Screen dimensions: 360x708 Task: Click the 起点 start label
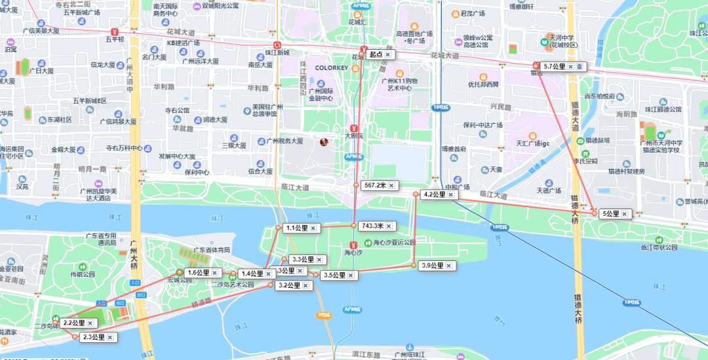[x=376, y=54]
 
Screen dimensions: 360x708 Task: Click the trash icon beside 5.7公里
[x=580, y=67]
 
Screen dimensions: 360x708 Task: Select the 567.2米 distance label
[x=375, y=186]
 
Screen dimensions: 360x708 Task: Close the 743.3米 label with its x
[x=389, y=226]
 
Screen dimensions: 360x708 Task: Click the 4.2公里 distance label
[x=434, y=195]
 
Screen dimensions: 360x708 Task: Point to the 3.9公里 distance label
[x=431, y=266]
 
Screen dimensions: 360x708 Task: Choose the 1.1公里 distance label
[x=296, y=228]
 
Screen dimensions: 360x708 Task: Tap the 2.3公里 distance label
[x=94, y=337]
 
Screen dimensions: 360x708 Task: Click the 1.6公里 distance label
[x=198, y=273]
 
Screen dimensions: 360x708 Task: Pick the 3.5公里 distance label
[x=335, y=275]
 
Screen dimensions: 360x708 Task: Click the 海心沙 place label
[x=353, y=252]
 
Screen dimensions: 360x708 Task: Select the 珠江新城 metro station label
[x=277, y=52]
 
